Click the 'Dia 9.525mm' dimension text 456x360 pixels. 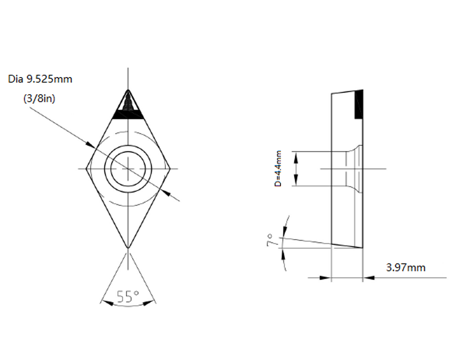(40, 79)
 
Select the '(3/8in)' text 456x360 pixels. (39, 98)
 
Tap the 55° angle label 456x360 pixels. (128, 297)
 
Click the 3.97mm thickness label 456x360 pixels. (406, 267)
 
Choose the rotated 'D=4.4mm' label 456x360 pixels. (278, 169)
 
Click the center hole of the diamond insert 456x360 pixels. (129, 168)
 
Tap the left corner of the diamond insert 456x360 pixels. (87, 168)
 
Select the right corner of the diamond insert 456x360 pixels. (171, 168)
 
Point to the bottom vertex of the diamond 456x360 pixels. (129, 248)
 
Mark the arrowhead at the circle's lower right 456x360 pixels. (166, 193)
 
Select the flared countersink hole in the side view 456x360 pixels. (355, 168)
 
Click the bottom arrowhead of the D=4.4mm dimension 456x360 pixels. (296, 182)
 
